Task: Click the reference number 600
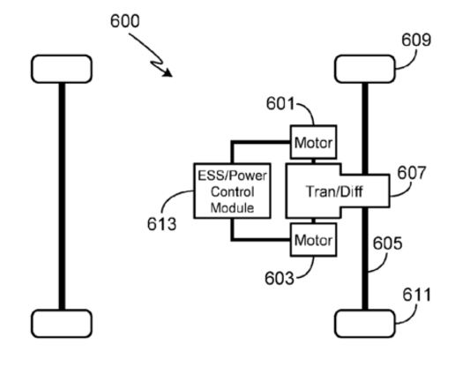pos(124,21)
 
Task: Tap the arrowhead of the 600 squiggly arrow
pos(168,72)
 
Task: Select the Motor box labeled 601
pos(313,142)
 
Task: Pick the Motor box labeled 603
pos(313,240)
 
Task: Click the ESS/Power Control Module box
pos(232,191)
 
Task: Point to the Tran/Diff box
pos(338,191)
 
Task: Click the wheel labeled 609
pos(365,69)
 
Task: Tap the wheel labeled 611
pos(365,324)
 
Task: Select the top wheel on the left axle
pos(62,69)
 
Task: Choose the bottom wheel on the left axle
pos(62,324)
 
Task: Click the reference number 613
pos(161,224)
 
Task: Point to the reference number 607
pos(412,173)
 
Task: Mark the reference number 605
pos(387,243)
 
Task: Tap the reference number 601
pos(280,103)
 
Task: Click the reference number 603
pos(280,278)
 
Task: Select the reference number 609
pos(416,40)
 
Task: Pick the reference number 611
pos(416,295)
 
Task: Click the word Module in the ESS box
pos(232,208)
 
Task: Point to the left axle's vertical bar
pos(62,197)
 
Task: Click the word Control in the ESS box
pos(232,191)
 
